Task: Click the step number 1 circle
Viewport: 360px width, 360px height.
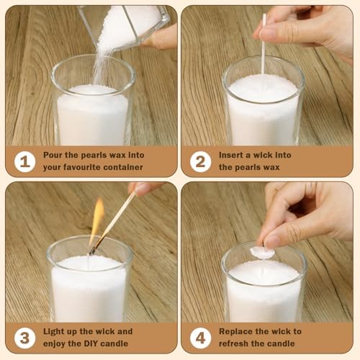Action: (24, 161)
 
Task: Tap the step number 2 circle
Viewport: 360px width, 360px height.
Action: (201, 161)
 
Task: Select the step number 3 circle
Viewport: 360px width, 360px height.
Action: (24, 338)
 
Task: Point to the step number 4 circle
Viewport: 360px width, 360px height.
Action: (201, 338)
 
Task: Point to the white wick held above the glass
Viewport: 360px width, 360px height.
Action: (264, 45)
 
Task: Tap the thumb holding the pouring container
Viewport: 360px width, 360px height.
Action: (160, 37)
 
